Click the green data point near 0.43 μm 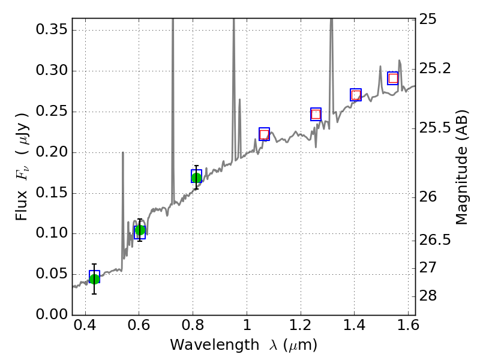[94, 278]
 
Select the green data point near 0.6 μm [140, 230]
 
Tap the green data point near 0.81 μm [196, 177]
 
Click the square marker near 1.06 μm [264, 134]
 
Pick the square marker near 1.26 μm [316, 114]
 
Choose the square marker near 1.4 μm [356, 95]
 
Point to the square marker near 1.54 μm [393, 78]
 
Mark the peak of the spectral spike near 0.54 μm [123, 152]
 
